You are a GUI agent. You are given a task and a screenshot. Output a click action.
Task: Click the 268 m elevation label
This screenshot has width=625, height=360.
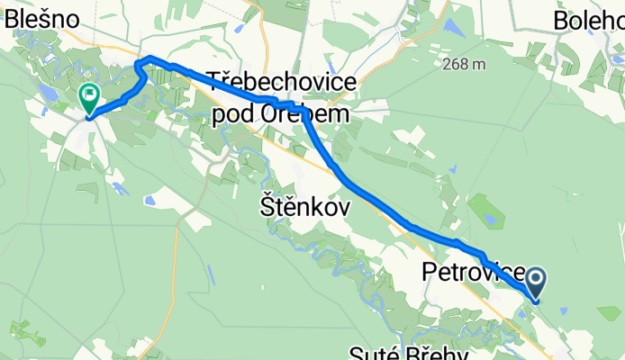(465, 64)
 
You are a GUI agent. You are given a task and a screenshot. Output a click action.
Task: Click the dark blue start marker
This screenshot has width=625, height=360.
(536, 283)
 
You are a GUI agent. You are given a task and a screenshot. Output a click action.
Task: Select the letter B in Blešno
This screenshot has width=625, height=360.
(12, 19)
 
